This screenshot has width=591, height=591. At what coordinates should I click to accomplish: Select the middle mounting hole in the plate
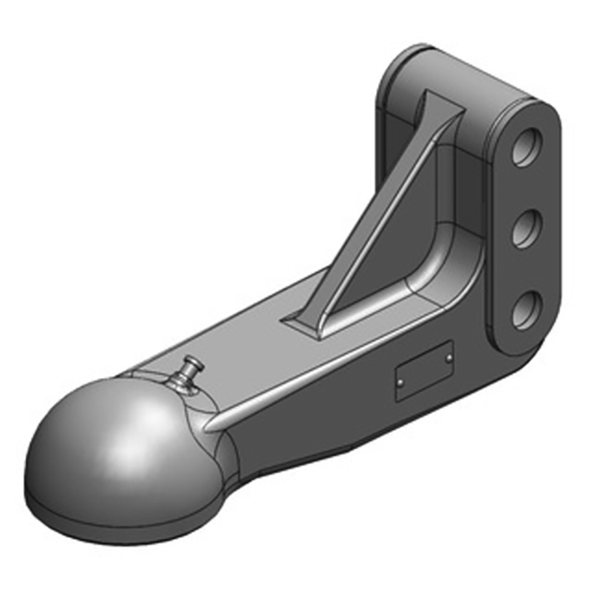click(x=525, y=230)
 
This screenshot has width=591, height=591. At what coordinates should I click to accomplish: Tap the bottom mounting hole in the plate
click(x=525, y=310)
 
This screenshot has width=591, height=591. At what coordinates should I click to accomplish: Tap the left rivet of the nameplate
click(x=399, y=383)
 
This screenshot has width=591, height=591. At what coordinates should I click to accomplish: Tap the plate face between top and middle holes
click(x=525, y=191)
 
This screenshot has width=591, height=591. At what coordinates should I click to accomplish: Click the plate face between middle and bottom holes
click(x=525, y=270)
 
